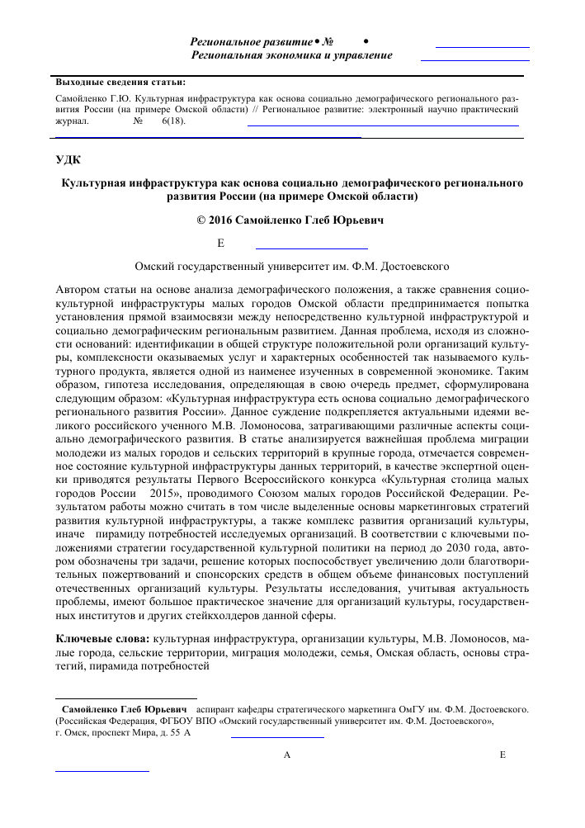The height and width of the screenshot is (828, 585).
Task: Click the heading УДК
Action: [x=68, y=159]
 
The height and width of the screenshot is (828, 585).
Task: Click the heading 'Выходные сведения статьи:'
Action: [x=120, y=83]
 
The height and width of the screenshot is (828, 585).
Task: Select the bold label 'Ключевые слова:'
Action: [x=102, y=641]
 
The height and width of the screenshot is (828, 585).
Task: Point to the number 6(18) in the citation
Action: [x=173, y=121]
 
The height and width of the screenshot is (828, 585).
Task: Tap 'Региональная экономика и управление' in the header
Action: [x=291, y=55]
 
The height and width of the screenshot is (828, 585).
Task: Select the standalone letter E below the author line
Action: [x=220, y=244]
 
